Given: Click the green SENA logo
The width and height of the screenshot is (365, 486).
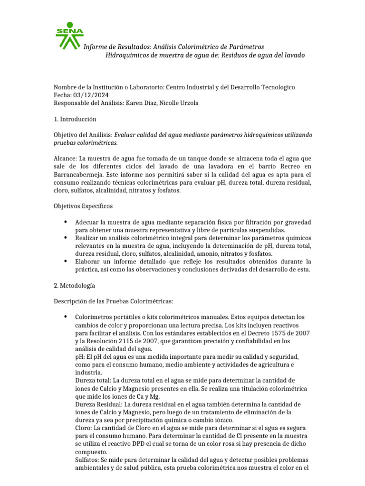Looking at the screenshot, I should (69, 36).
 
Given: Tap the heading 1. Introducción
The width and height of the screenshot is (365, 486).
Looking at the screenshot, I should (75, 119).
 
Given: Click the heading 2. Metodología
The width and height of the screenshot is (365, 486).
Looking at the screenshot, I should (74, 286).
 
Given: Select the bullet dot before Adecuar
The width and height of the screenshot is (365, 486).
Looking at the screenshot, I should (65, 222).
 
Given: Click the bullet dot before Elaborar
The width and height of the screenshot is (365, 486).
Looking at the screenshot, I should (65, 262).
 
